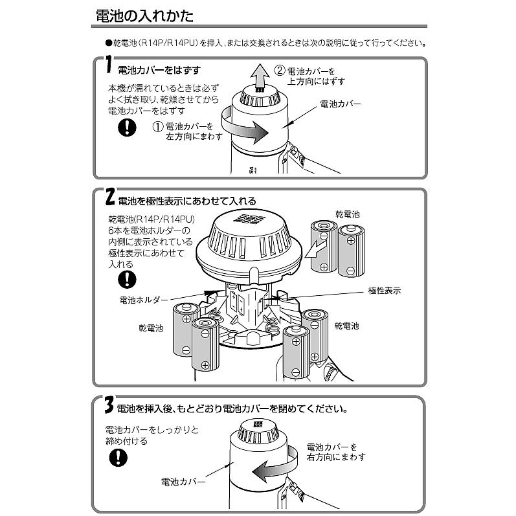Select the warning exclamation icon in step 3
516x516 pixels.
coord(117,457)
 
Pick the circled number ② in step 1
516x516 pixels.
coord(279,70)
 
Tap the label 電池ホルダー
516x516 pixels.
coord(143,300)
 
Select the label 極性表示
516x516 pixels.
coord(383,291)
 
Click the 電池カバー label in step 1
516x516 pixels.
coord(340,104)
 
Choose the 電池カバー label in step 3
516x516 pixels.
coord(183,482)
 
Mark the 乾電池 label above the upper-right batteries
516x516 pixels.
coord(347,214)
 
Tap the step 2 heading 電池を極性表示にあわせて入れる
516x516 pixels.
coord(187,201)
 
